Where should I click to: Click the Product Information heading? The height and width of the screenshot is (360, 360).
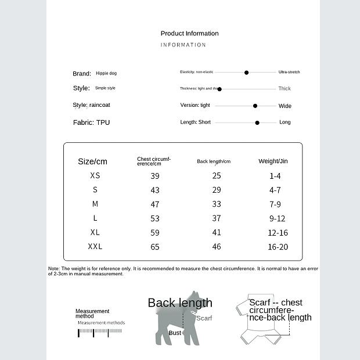[189, 33]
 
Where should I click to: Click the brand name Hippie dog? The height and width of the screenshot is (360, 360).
[106, 74]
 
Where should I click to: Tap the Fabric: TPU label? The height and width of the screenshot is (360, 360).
[91, 123]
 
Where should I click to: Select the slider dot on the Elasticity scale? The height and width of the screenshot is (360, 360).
[246, 73]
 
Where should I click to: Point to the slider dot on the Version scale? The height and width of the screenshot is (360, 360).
[255, 106]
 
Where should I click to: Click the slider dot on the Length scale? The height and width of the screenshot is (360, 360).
[257, 123]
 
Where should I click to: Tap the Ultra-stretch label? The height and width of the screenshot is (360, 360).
[289, 72]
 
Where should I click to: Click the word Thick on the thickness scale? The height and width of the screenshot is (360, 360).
[285, 89]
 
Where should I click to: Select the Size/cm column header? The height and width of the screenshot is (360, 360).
[93, 161]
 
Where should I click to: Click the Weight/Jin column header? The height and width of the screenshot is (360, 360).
[273, 161]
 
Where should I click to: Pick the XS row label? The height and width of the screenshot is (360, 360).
[95, 175]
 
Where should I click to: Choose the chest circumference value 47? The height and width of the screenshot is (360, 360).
[155, 204]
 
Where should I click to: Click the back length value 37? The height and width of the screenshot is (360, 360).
[217, 218]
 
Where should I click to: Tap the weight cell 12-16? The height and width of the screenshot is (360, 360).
[278, 232]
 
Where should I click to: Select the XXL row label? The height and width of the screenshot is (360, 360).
[95, 246]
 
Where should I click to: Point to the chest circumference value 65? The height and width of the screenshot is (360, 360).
[155, 247]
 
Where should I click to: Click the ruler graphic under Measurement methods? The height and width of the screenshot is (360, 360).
[100, 333]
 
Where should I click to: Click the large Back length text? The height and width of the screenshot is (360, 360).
[180, 303]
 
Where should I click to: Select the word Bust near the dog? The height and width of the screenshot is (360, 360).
[175, 333]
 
